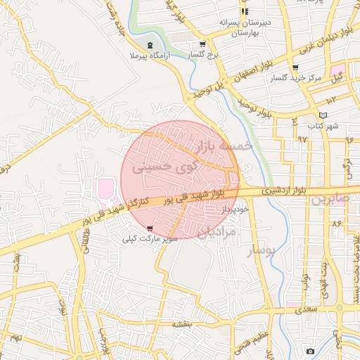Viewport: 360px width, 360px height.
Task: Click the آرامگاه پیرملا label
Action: point(146,56)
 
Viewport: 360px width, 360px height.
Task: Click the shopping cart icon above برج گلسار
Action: point(202,44)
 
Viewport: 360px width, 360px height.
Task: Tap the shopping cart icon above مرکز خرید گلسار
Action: point(295,67)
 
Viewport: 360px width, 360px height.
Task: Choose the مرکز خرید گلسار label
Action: point(296,78)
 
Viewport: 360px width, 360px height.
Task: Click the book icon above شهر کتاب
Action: point(323,115)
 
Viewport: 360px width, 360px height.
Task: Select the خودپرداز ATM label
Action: point(235,210)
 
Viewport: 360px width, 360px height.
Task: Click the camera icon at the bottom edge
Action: point(310,350)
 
